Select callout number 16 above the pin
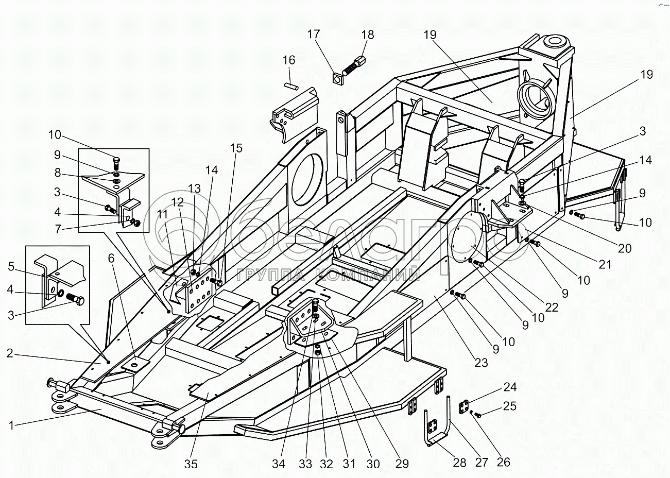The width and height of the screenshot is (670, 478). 289,60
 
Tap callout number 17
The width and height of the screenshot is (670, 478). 314,35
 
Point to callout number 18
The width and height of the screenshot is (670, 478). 367,35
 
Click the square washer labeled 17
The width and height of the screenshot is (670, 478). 338,78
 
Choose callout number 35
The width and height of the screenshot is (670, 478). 191,464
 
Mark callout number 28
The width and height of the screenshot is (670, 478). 459,463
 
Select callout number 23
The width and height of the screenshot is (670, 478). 480,363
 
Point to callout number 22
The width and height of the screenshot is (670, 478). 552,308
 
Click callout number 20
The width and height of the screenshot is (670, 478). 624,248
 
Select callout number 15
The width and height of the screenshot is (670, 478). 235,148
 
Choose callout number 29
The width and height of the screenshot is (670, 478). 402,464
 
